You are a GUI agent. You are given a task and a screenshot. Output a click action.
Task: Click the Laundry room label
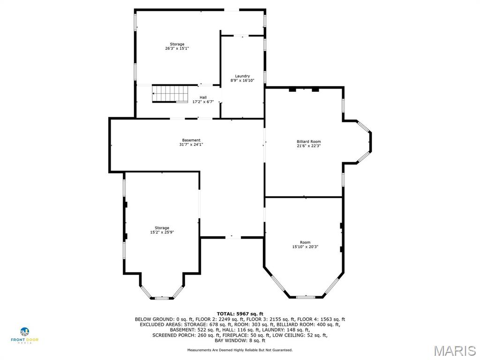point(242,76)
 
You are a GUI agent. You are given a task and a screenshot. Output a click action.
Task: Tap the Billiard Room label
point(308,141)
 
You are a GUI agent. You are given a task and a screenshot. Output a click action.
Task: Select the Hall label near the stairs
point(203,97)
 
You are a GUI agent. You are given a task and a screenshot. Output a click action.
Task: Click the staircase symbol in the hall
point(170,93)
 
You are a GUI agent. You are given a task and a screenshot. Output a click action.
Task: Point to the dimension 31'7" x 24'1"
point(191,145)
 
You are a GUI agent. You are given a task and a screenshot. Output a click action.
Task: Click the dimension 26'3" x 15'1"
point(177,48)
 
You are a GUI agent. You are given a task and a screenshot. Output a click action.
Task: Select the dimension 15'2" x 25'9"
point(162,232)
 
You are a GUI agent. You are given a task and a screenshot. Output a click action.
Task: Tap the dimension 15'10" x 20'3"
point(305,247)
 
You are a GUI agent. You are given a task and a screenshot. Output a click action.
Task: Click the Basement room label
point(191,140)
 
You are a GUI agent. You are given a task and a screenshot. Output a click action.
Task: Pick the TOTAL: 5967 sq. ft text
point(240,314)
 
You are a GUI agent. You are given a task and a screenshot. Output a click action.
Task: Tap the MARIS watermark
point(455,351)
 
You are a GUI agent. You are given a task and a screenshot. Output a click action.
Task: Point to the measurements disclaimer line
point(240,350)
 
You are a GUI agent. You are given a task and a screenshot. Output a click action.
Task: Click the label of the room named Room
point(305,242)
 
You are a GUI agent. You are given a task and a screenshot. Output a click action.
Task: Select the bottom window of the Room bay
point(305,297)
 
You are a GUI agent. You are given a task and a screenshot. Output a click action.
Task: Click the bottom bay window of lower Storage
point(162,298)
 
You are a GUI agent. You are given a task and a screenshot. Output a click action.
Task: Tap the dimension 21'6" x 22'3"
point(308,146)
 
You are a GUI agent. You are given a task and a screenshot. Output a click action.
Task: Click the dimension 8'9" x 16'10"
point(242,81)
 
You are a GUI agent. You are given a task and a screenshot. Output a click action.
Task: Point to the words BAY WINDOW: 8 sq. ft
point(240,340)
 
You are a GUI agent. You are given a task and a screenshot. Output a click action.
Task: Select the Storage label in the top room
point(177,44)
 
